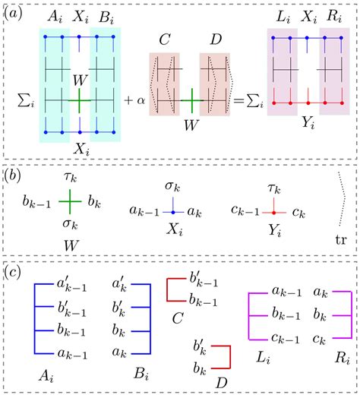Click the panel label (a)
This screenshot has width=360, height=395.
click(17, 13)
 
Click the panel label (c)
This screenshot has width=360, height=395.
click(17, 271)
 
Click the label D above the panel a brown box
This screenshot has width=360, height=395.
click(214, 38)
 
